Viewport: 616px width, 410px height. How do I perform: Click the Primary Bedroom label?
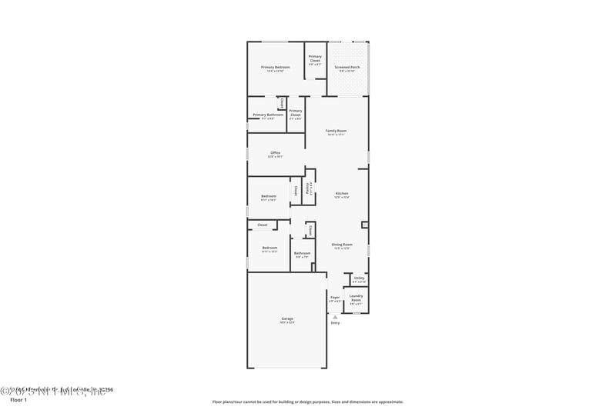pyautogui.click(x=275, y=68)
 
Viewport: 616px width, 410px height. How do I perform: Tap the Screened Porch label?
pyautogui.click(x=347, y=68)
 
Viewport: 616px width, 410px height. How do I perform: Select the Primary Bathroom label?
pyautogui.click(x=268, y=115)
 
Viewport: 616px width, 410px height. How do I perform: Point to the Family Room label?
pyautogui.click(x=336, y=132)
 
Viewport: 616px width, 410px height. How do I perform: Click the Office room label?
pyautogui.click(x=275, y=153)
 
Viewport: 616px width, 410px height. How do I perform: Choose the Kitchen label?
pyautogui.click(x=342, y=193)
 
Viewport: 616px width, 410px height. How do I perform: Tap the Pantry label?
pyautogui.click(x=308, y=187)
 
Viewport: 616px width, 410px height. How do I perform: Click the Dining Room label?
pyautogui.click(x=342, y=245)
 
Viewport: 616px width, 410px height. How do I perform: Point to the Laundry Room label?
pyautogui.click(x=356, y=296)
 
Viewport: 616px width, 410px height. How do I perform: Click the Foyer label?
pyautogui.click(x=335, y=297)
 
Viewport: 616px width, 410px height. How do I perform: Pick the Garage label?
pyautogui.click(x=286, y=318)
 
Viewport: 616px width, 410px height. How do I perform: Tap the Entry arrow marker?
pyautogui.click(x=335, y=316)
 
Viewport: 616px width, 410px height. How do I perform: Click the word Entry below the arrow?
pyautogui.click(x=335, y=323)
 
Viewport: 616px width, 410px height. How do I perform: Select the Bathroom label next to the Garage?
pyautogui.click(x=302, y=253)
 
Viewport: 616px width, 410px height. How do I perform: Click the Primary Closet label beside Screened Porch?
pyautogui.click(x=315, y=58)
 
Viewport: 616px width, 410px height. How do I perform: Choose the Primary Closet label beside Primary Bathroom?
pyautogui.click(x=296, y=113)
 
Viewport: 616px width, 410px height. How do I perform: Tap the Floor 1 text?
pyautogui.click(x=18, y=401)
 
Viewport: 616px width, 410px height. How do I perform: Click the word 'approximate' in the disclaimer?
pyautogui.click(x=389, y=402)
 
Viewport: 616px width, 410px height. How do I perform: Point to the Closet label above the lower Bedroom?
pyautogui.click(x=263, y=225)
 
